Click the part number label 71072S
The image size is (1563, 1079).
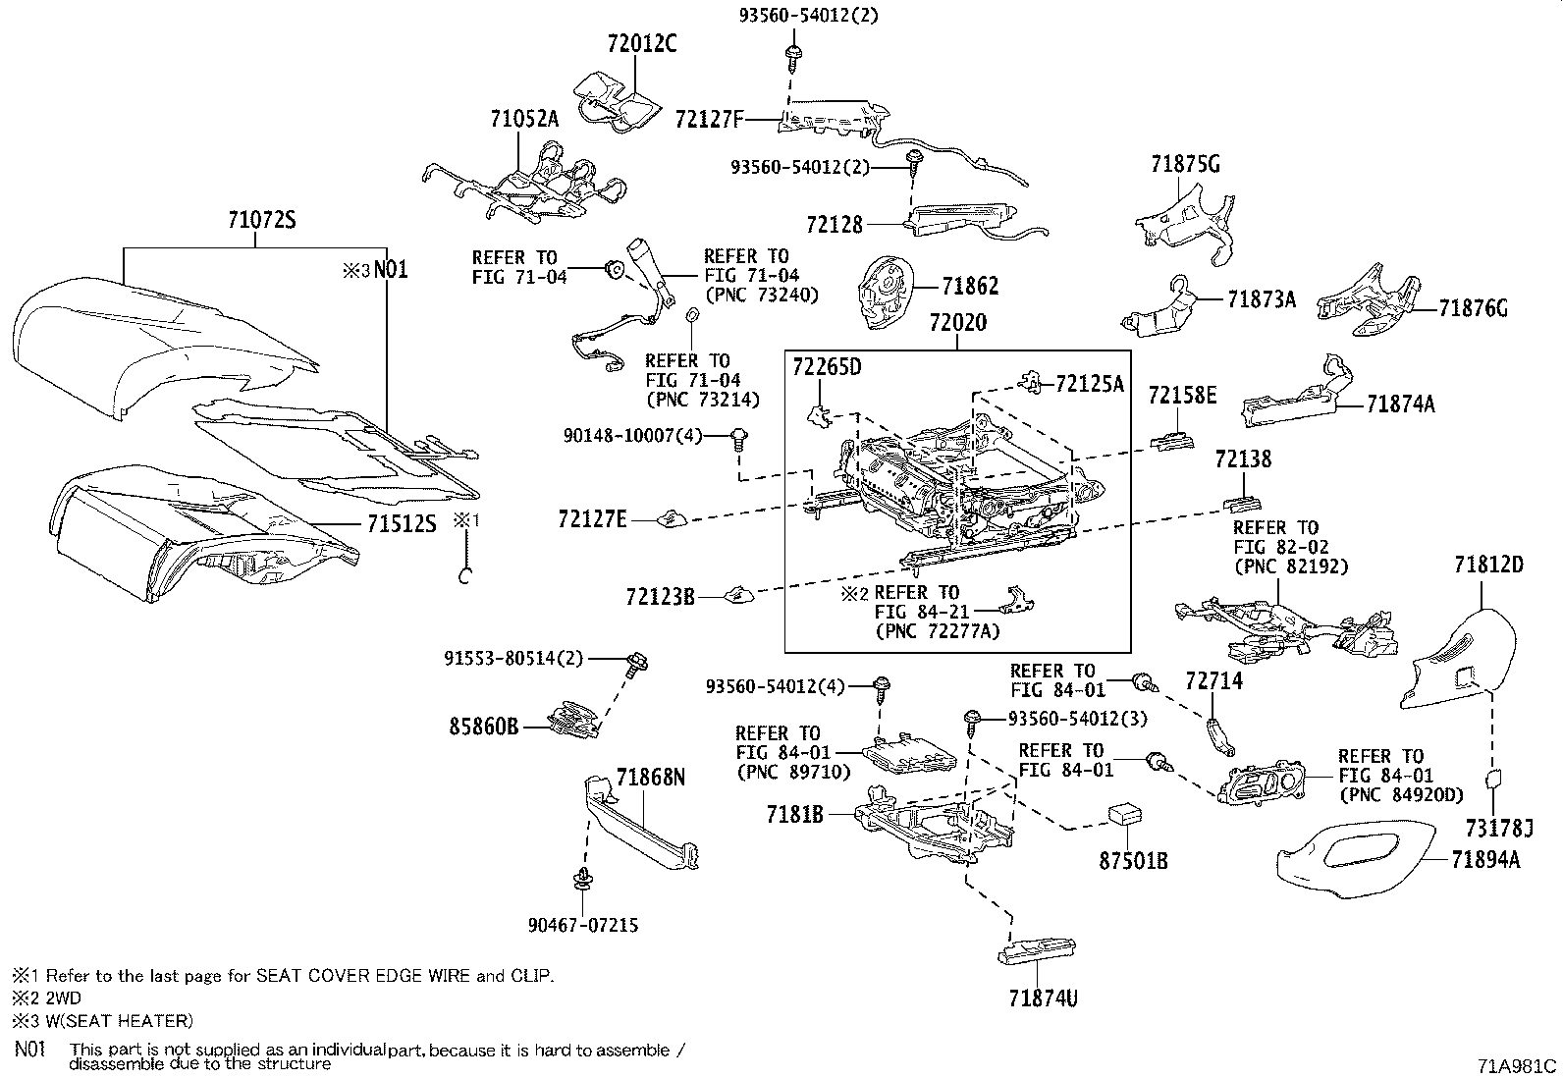[262, 220]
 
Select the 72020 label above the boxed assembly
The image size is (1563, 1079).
[958, 322]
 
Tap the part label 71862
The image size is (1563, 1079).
[971, 286]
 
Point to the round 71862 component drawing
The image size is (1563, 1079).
[885, 293]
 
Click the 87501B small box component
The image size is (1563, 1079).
[1125, 815]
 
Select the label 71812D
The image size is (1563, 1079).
[1488, 565]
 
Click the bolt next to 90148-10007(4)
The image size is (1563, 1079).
[738, 441]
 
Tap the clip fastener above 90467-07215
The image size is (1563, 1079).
[581, 880]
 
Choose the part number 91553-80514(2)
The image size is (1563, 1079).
[513, 658]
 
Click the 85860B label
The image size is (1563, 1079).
[484, 728]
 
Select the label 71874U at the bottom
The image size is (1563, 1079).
[1044, 998]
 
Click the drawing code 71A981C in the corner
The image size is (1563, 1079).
[1516, 1066]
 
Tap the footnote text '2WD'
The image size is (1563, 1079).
[64, 998]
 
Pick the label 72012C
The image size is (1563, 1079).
[642, 43]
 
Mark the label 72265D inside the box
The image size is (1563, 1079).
[827, 367]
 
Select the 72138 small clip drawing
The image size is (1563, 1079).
[1242, 504]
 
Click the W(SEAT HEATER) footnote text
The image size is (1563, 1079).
[120, 1021]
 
